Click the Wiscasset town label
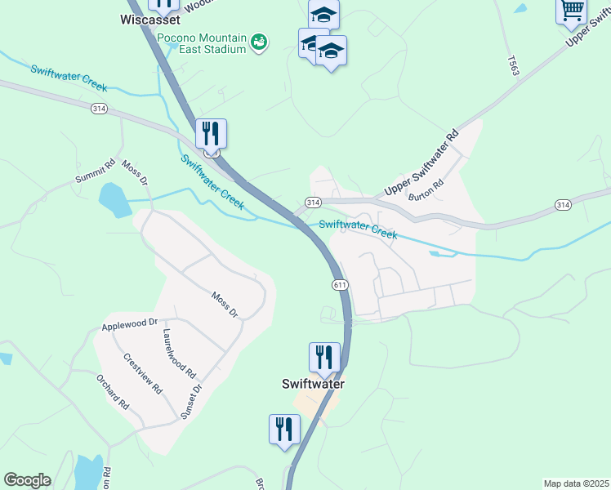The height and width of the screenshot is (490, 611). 151,19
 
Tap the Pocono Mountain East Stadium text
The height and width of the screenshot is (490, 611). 202,43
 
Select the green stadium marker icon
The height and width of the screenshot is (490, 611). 259,41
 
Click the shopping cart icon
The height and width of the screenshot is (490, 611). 572,11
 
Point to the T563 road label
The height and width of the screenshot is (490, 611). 513,66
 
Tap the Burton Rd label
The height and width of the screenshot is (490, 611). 426,189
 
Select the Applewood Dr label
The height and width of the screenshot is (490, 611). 128,324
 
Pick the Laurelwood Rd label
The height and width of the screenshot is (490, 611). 180,353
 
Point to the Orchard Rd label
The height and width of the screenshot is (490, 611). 113,392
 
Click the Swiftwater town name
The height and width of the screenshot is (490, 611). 313,383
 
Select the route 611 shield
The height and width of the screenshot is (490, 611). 341,284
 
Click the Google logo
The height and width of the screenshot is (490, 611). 27,480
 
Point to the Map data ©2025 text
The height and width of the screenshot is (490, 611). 575,483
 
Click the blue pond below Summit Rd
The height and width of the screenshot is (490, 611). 114,200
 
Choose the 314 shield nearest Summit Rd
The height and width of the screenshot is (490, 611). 99,109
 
